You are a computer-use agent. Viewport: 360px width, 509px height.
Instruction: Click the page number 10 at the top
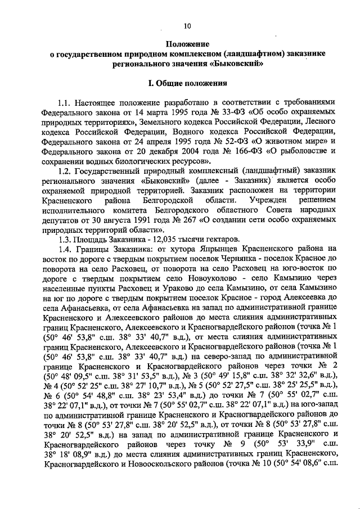pos(187,25)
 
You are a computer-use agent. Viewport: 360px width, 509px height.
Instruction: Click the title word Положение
pos(187,44)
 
